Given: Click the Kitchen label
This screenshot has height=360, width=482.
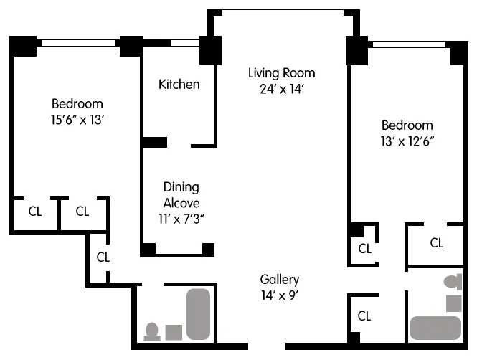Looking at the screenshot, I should coord(179,85).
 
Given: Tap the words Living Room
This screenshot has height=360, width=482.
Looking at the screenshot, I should coord(281,73).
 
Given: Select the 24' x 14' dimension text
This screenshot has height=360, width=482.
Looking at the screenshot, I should coord(281,90).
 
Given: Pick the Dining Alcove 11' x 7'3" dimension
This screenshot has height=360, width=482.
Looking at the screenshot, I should coord(181,219).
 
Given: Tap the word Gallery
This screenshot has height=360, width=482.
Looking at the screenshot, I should coord(280,280).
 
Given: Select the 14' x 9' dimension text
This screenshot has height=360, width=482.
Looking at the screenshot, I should coord(280,295).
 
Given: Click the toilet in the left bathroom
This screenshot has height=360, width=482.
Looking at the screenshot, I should coord(151,331).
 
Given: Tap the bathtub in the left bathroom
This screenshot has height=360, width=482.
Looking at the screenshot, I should coord(199,314).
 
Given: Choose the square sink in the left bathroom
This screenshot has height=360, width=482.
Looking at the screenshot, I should coord(174,332).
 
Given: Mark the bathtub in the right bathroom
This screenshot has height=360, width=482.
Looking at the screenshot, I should coord(435,328).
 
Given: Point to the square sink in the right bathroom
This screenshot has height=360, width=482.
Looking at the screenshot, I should coord(453,303).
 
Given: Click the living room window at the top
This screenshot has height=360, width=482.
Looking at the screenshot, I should coord(282,12).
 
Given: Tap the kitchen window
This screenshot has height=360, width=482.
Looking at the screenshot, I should coord(184,43).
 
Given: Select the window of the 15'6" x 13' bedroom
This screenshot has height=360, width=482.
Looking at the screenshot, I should coord(80,43).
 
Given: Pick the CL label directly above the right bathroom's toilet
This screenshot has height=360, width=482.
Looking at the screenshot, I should coord(436,243).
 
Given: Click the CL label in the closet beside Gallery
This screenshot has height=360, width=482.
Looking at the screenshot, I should coord(364,316).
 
